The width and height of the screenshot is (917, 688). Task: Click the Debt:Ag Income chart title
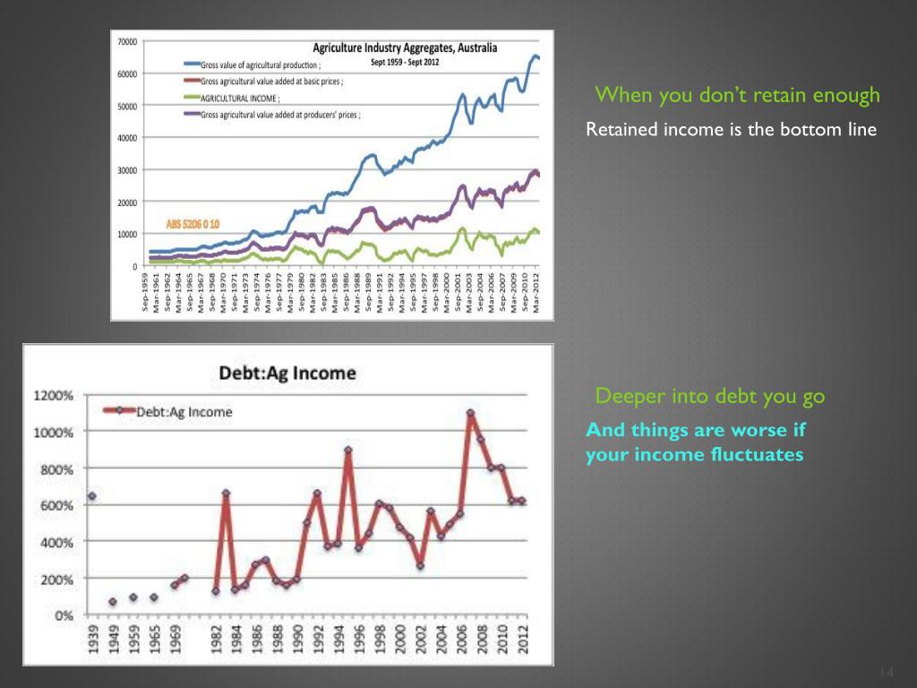coord(287,372)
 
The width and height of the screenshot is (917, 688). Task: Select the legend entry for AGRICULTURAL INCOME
coord(241,98)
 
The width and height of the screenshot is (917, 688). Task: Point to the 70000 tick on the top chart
coord(126,41)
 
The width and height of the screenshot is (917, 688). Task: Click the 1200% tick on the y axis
coord(54,395)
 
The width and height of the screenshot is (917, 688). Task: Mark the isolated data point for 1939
coord(91,495)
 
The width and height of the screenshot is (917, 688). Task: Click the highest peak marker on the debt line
coord(470,413)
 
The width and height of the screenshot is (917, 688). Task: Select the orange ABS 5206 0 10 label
coord(193,223)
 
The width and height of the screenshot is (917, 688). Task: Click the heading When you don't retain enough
coord(738,95)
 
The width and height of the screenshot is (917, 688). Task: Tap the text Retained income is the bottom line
coord(731,130)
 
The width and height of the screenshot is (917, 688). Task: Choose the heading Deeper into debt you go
coord(710,396)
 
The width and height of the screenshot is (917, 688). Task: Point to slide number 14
coord(887,673)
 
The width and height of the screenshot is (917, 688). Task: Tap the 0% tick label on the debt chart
coord(63,615)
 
